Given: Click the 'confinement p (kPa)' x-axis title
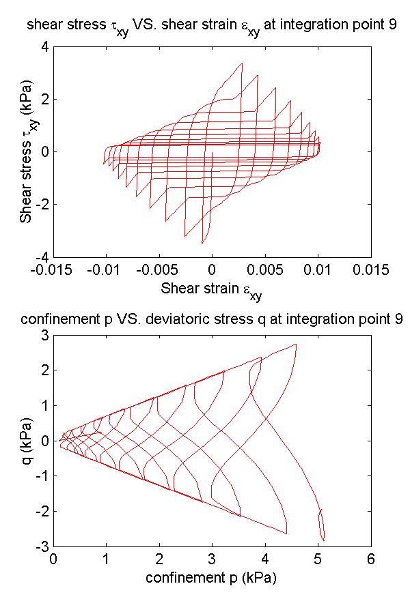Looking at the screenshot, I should click(x=212, y=578).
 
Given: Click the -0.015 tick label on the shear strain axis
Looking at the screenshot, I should click(x=53, y=269).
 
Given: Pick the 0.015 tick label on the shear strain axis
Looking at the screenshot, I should click(x=371, y=269).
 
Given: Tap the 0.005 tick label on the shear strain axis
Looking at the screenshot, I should click(x=265, y=269).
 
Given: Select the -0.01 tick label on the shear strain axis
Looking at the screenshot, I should click(x=106, y=269).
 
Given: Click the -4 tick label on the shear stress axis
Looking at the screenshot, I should click(x=41, y=257).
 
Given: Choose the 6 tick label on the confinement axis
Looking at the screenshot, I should click(x=371, y=560).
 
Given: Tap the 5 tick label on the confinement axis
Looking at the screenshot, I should click(x=318, y=560).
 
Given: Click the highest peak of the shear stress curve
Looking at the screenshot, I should click(x=242, y=63).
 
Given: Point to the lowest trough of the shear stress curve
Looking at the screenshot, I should click(x=202, y=243).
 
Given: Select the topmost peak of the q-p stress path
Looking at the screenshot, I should click(x=295, y=345).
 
